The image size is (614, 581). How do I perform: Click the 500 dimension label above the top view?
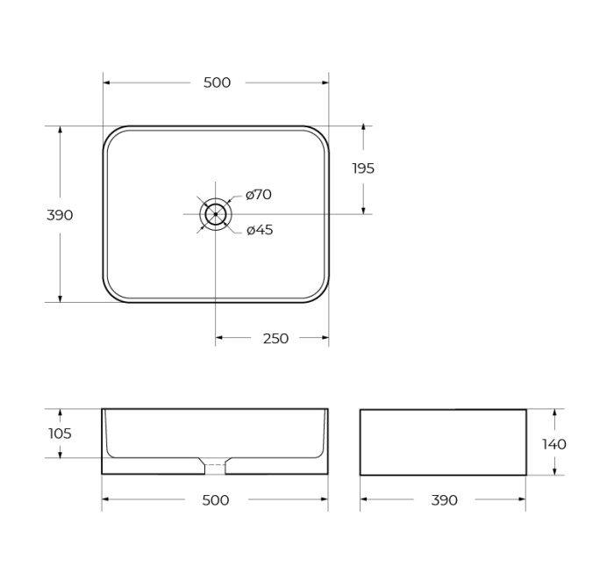217,82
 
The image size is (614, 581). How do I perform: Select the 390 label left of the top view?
60,215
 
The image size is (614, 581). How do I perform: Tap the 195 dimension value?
363,169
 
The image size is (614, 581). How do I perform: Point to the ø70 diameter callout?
259,194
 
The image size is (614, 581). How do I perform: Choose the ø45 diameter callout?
260,230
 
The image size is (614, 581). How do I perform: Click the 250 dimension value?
275,339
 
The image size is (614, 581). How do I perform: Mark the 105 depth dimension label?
60,434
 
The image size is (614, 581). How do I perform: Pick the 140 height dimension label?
554,444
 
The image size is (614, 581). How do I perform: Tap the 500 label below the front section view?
215,500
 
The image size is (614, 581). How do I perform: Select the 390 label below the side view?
445,500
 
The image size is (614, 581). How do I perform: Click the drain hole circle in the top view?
215,214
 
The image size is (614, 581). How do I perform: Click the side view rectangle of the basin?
443,441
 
